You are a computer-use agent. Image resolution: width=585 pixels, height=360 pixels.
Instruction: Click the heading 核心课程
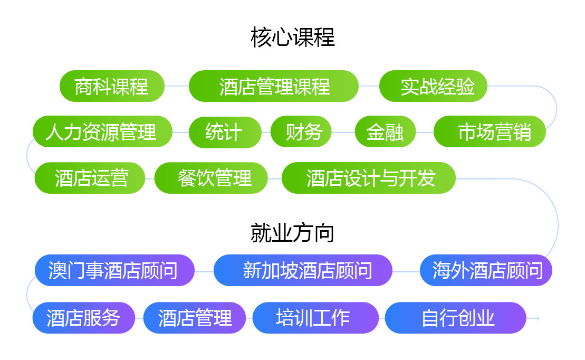coord(292,37)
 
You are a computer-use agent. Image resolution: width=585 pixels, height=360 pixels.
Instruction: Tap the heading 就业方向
coord(292,233)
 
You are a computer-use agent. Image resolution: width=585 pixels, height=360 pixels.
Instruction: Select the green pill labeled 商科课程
coord(112,86)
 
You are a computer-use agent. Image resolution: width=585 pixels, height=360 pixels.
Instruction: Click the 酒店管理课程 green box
coord(273,86)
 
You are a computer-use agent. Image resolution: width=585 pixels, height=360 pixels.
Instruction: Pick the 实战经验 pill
coord(433,86)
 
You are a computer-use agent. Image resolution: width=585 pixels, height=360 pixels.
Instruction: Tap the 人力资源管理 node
coord(102,131)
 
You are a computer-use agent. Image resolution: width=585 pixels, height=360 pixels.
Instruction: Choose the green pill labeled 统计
coord(225,132)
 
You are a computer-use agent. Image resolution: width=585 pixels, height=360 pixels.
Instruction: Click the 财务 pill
coord(301,131)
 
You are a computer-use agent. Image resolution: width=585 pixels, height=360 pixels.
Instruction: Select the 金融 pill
coord(386,131)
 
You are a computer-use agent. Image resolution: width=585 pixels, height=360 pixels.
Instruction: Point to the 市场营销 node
coord(490,131)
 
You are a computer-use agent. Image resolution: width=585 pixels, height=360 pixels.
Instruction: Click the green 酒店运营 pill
coord(90,178)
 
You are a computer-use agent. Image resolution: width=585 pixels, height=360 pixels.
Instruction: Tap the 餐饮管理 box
coord(211,178)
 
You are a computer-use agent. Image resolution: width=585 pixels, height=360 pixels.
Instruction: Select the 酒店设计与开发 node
coord(369,178)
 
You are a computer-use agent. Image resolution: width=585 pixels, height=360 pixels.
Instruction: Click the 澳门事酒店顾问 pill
coord(114,270)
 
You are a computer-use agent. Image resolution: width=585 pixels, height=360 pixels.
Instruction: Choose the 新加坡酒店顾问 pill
coord(303,270)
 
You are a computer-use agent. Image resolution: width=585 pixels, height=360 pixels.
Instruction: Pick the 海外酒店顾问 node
coord(486,270)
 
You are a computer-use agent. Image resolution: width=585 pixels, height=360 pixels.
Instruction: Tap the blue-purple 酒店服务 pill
coord(83,318)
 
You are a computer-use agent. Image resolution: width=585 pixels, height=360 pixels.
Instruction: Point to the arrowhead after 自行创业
coord(538,318)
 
